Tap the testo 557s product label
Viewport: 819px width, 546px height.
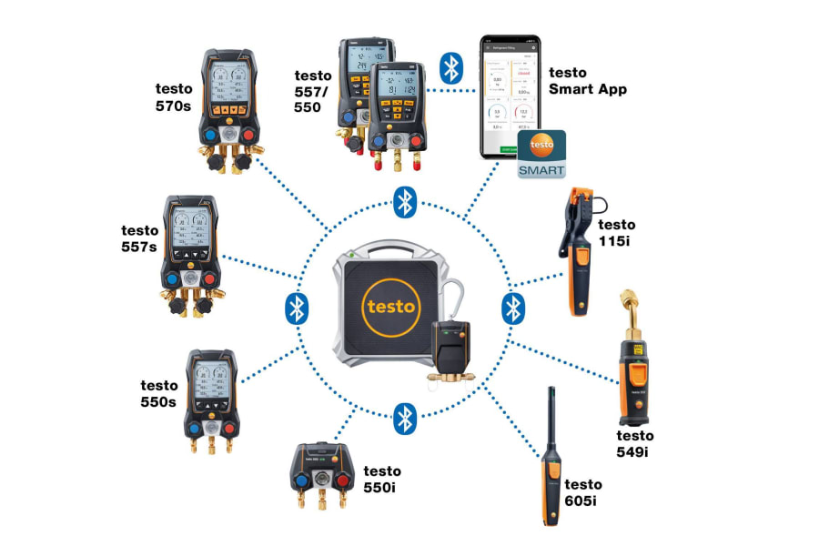tap(141, 238)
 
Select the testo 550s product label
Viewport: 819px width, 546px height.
tap(158, 393)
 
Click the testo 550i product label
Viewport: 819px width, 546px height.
tap(382, 479)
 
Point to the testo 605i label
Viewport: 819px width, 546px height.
tap(583, 491)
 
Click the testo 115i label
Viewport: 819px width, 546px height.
tap(616, 232)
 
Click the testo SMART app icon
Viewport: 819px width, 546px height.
tap(542, 154)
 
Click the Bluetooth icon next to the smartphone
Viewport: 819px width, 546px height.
tap(451, 67)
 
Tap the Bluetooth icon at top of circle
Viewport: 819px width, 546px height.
tap(404, 202)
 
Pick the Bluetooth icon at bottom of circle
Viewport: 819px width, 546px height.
tap(404, 419)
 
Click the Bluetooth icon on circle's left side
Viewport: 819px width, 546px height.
tap(296, 308)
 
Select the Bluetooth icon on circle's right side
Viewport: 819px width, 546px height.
tap(513, 308)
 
